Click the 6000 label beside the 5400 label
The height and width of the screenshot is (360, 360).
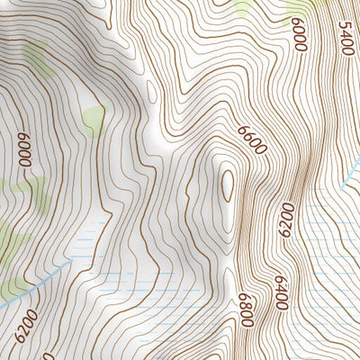tap(300, 34)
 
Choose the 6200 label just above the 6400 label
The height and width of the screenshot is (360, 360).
tap(286, 220)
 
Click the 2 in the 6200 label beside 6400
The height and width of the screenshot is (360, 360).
tap(286, 215)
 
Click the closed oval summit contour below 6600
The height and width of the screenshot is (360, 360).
tap(227, 186)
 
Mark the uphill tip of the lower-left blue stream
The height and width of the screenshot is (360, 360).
tap(68, 266)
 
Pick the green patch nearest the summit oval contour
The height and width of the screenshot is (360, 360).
tap(93, 116)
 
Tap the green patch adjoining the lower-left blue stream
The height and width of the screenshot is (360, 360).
tap(13, 285)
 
